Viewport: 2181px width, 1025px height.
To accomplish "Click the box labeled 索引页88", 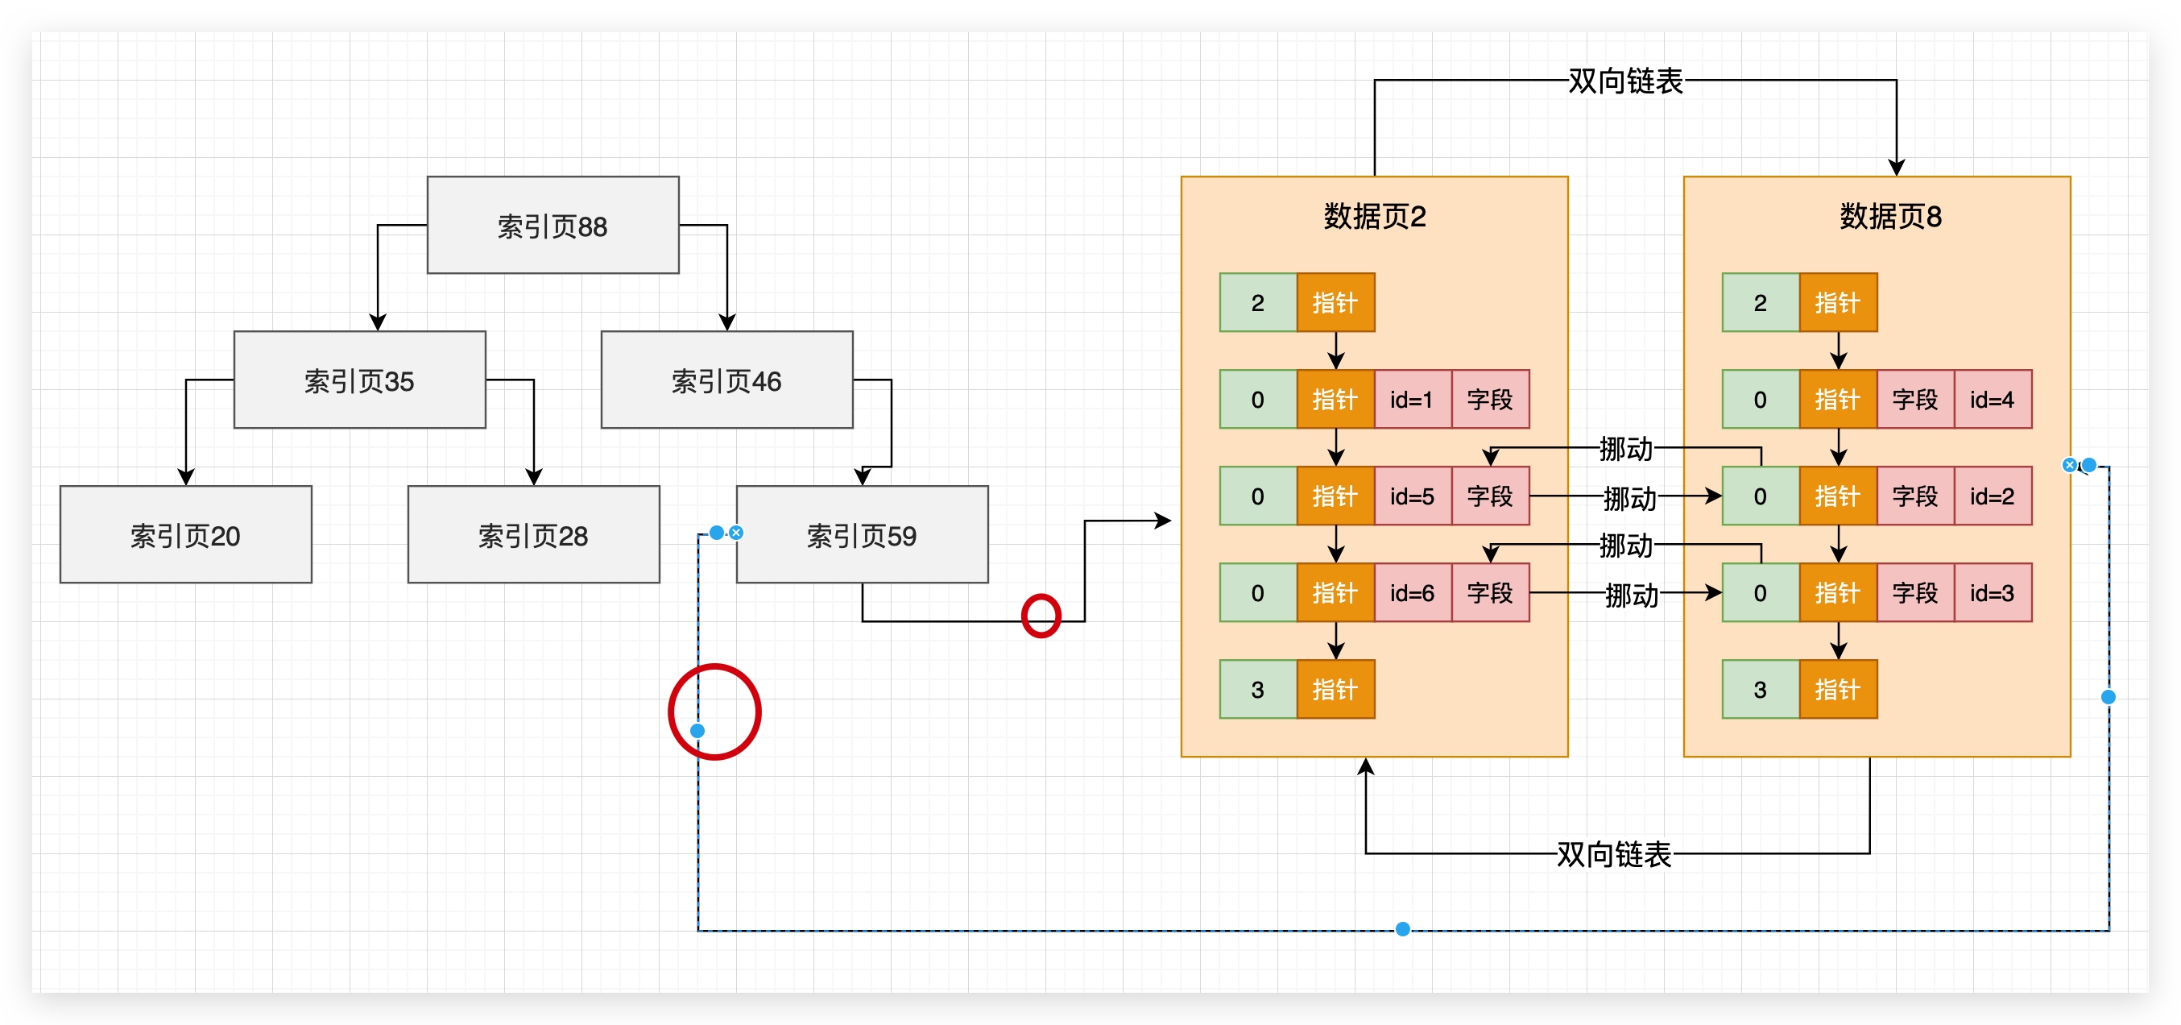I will pos(552,226).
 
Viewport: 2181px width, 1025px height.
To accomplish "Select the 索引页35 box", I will pos(359,380).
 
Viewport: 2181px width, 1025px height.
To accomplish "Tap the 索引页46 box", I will pos(726,380).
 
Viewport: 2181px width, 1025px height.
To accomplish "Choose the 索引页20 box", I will pos(185,534).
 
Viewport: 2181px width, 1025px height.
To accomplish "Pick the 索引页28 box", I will pos(532,534).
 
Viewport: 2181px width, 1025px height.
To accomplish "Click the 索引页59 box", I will pos(861,534).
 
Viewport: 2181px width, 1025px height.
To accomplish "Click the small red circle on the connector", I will pos(1041,616).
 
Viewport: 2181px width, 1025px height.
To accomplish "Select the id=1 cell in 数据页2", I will pos(1411,399).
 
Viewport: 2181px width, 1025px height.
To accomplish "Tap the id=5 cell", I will pos(1411,496).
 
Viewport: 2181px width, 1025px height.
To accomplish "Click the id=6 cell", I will pos(1411,592).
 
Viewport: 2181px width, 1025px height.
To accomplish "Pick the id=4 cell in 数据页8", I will pos(1992,399).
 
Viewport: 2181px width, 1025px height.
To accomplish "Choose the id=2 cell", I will pos(1992,496).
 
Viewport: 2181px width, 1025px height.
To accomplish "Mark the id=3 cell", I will pos(1992,592).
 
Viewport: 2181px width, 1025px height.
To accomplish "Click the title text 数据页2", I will pos(1374,216).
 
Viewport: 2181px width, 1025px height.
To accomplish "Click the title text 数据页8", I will pos(1889,216).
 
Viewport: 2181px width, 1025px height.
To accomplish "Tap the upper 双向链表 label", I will pos(1624,81).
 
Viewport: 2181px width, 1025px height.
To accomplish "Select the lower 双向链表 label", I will pos(1614,854).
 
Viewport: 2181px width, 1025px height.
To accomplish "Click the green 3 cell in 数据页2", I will pos(1257,690).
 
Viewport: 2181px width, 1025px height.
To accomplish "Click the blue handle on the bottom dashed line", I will pos(1402,929).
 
